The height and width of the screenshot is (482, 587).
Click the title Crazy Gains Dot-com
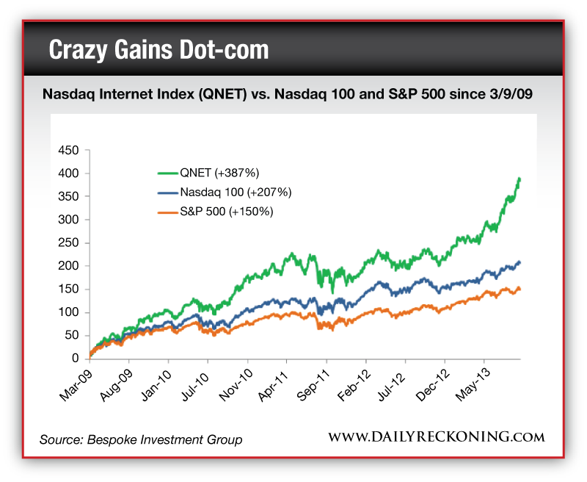point(158,50)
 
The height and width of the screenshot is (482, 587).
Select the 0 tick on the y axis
point(74,359)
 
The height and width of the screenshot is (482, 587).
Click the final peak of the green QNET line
point(519,179)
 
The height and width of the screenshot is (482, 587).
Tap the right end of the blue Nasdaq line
point(521,262)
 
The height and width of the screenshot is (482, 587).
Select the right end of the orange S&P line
point(521,289)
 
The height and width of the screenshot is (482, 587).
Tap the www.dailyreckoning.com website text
point(436,437)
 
